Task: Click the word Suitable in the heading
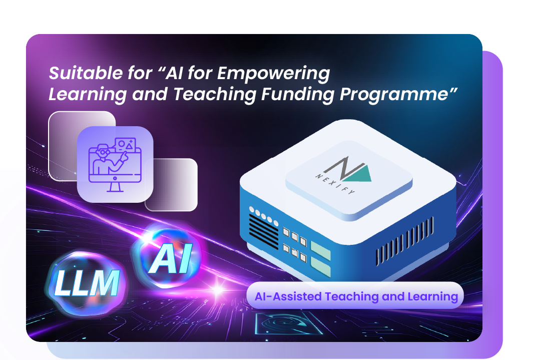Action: point(78,74)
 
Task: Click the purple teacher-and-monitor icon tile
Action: point(115,164)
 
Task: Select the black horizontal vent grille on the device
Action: point(263,231)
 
